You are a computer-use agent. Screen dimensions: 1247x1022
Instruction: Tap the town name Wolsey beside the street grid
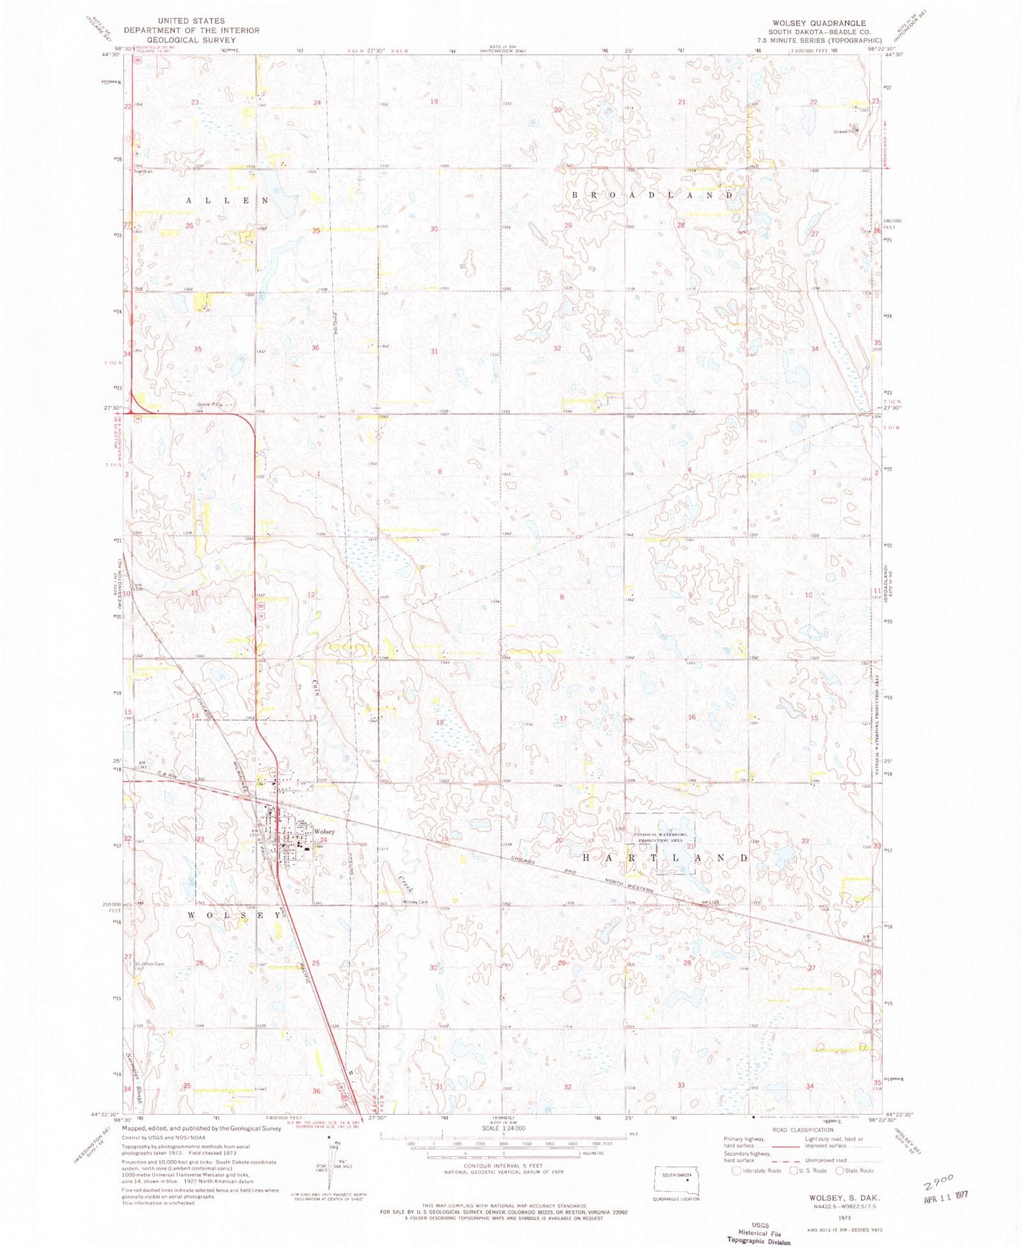point(324,832)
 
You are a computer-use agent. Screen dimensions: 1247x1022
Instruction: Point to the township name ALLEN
point(227,201)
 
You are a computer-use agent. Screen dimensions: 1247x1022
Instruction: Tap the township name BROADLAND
point(651,195)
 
